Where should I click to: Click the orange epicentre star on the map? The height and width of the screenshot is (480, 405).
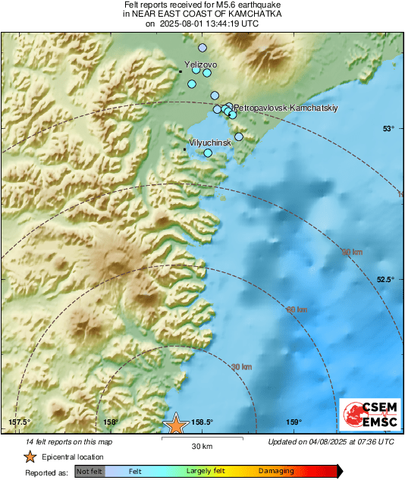pos(176,424)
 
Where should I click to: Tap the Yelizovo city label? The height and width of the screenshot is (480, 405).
pos(201,65)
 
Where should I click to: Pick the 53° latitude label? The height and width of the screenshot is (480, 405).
pos(388,129)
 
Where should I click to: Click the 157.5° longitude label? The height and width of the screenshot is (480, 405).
pos(19,422)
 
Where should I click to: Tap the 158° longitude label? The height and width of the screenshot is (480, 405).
pos(110,422)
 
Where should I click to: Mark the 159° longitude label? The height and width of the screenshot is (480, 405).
pos(294,422)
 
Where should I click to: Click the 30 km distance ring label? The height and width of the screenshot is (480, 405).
pos(241,367)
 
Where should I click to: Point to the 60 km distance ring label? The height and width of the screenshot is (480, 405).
pos(297,309)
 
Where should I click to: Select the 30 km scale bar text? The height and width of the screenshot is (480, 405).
pos(201,446)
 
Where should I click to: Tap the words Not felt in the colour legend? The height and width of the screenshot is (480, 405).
pos(89,472)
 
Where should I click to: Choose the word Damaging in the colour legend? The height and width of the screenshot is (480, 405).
pos(276,472)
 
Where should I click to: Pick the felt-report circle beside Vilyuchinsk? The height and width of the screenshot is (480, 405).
pos(209,153)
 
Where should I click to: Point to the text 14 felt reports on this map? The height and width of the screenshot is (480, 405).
pos(69,441)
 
